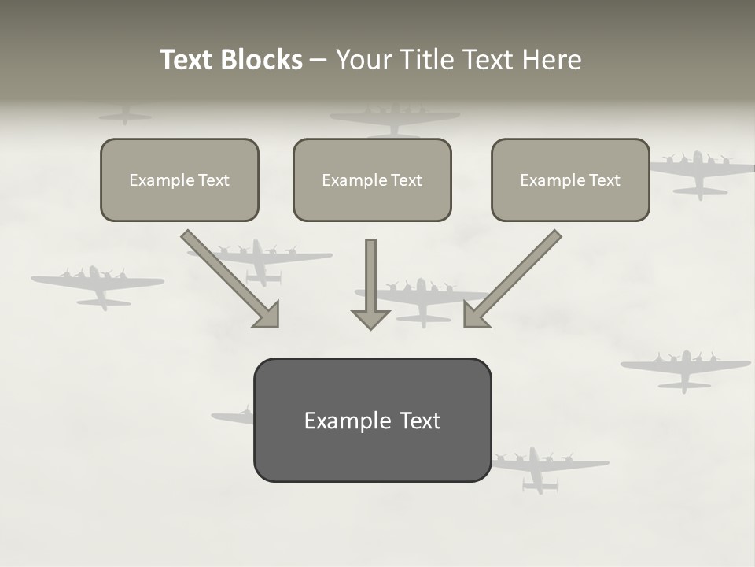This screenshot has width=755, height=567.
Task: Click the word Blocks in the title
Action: coord(262,60)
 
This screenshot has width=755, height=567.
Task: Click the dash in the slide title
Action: coord(319,61)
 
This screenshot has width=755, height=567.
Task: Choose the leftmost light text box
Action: coord(179,180)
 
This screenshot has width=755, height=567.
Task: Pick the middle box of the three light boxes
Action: coord(372,180)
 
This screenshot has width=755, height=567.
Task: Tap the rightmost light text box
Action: coord(570,180)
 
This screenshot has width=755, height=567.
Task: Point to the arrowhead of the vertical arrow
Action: coord(370,320)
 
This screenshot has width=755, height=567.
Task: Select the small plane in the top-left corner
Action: coord(125,116)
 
